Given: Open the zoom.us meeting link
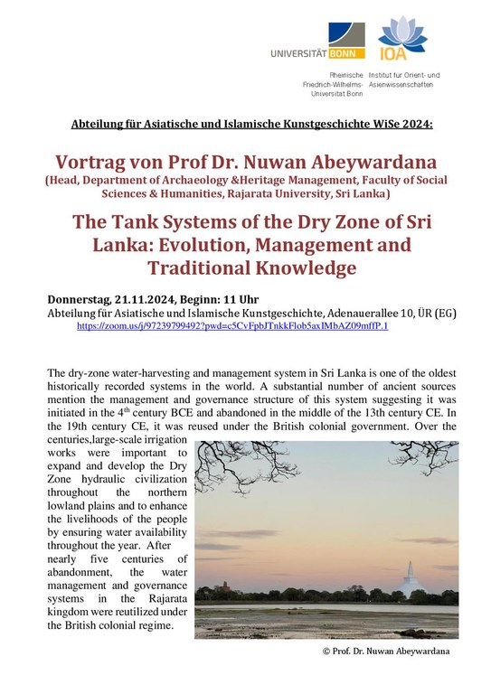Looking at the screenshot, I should click(x=232, y=325).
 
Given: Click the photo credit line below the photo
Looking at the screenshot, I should click(x=384, y=651).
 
